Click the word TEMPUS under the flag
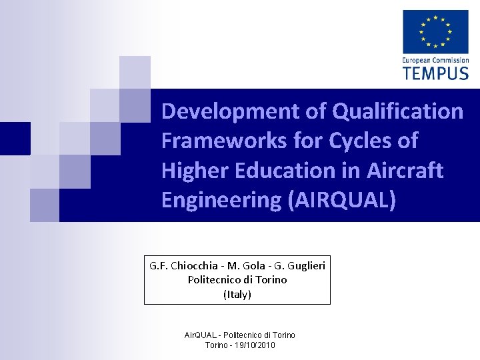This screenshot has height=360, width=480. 435,72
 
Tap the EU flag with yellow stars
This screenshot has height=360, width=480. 435,31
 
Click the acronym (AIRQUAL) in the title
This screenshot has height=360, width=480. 341,201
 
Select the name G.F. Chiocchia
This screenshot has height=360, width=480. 178,265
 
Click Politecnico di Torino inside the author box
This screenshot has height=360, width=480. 237,280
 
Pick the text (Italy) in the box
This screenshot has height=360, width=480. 237,294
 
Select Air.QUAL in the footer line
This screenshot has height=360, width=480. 200,335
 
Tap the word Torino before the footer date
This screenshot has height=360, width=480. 215,345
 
